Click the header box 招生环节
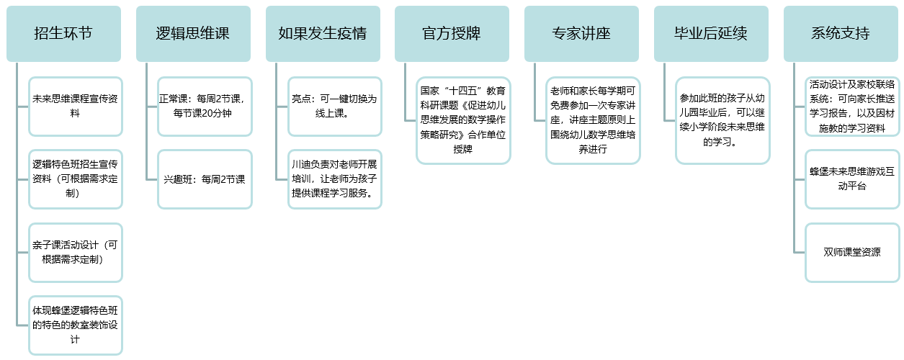pyautogui.click(x=64, y=34)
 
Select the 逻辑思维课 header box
pyautogui.click(x=193, y=34)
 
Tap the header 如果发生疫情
pyautogui.click(x=323, y=34)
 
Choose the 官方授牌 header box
pyautogui.click(x=452, y=34)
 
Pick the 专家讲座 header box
pyautogui.click(x=581, y=34)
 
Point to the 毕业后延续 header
pyautogui.click(x=711, y=34)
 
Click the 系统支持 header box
pyautogui.click(x=841, y=34)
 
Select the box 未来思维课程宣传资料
pyautogui.click(x=76, y=107)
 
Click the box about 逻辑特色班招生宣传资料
pyautogui.click(x=76, y=179)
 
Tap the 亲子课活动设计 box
pyautogui.click(x=76, y=253)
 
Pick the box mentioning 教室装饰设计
pyautogui.click(x=76, y=325)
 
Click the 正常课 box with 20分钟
pyautogui.click(x=205, y=107)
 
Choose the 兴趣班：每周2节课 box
pyautogui.click(x=205, y=179)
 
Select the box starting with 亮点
pyautogui.click(x=335, y=107)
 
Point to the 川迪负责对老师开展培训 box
pyautogui.click(x=335, y=179)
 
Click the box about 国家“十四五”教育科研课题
pyautogui.click(x=463, y=121)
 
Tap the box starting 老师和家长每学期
pyautogui.click(x=593, y=121)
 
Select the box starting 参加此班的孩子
pyautogui.click(x=722, y=121)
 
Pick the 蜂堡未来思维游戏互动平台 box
pyautogui.click(x=852, y=179)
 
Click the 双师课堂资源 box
pyautogui.click(x=852, y=253)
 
